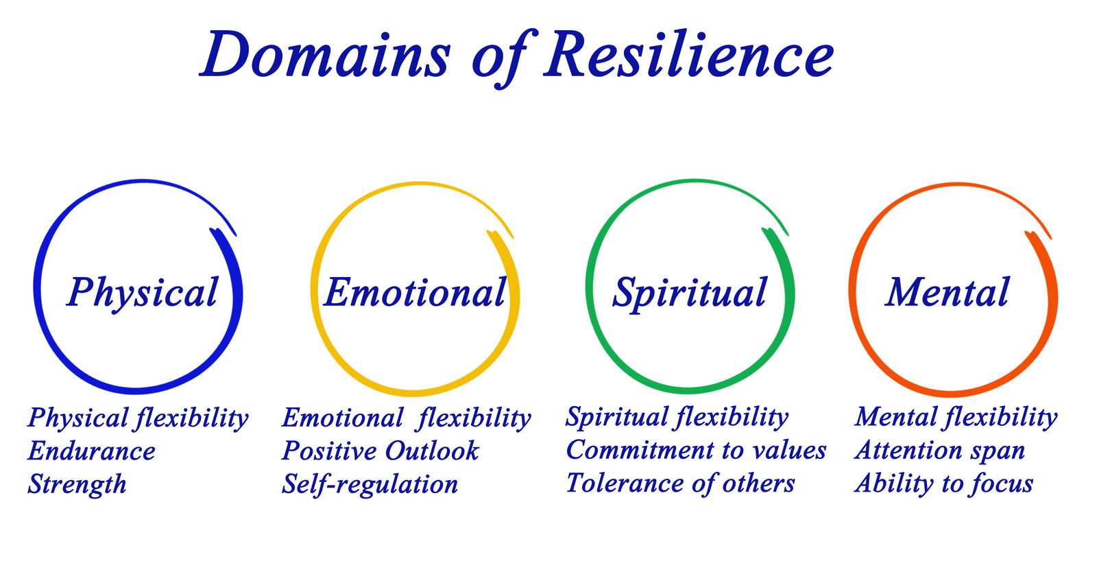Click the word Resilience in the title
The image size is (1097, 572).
(688, 55)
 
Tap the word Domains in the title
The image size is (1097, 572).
(326, 55)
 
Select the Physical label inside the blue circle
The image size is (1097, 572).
(143, 293)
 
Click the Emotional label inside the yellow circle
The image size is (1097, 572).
(415, 293)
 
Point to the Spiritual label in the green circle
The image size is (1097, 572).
(690, 293)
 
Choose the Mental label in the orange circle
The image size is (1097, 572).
(947, 293)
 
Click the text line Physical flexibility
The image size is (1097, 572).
(138, 418)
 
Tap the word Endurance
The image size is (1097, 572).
(92, 451)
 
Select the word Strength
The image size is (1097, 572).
(77, 484)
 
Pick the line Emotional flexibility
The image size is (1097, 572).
(407, 418)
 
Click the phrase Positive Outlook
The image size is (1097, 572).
(381, 451)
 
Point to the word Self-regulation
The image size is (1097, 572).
(370, 484)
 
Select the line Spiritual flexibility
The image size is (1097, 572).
(677, 417)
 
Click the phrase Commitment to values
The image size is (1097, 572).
(696, 451)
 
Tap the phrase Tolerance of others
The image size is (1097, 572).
(680, 484)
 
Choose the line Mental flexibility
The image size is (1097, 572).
(956, 417)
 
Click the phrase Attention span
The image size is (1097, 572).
(940, 451)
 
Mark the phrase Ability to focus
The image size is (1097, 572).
(944, 484)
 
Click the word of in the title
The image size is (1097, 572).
(499, 56)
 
